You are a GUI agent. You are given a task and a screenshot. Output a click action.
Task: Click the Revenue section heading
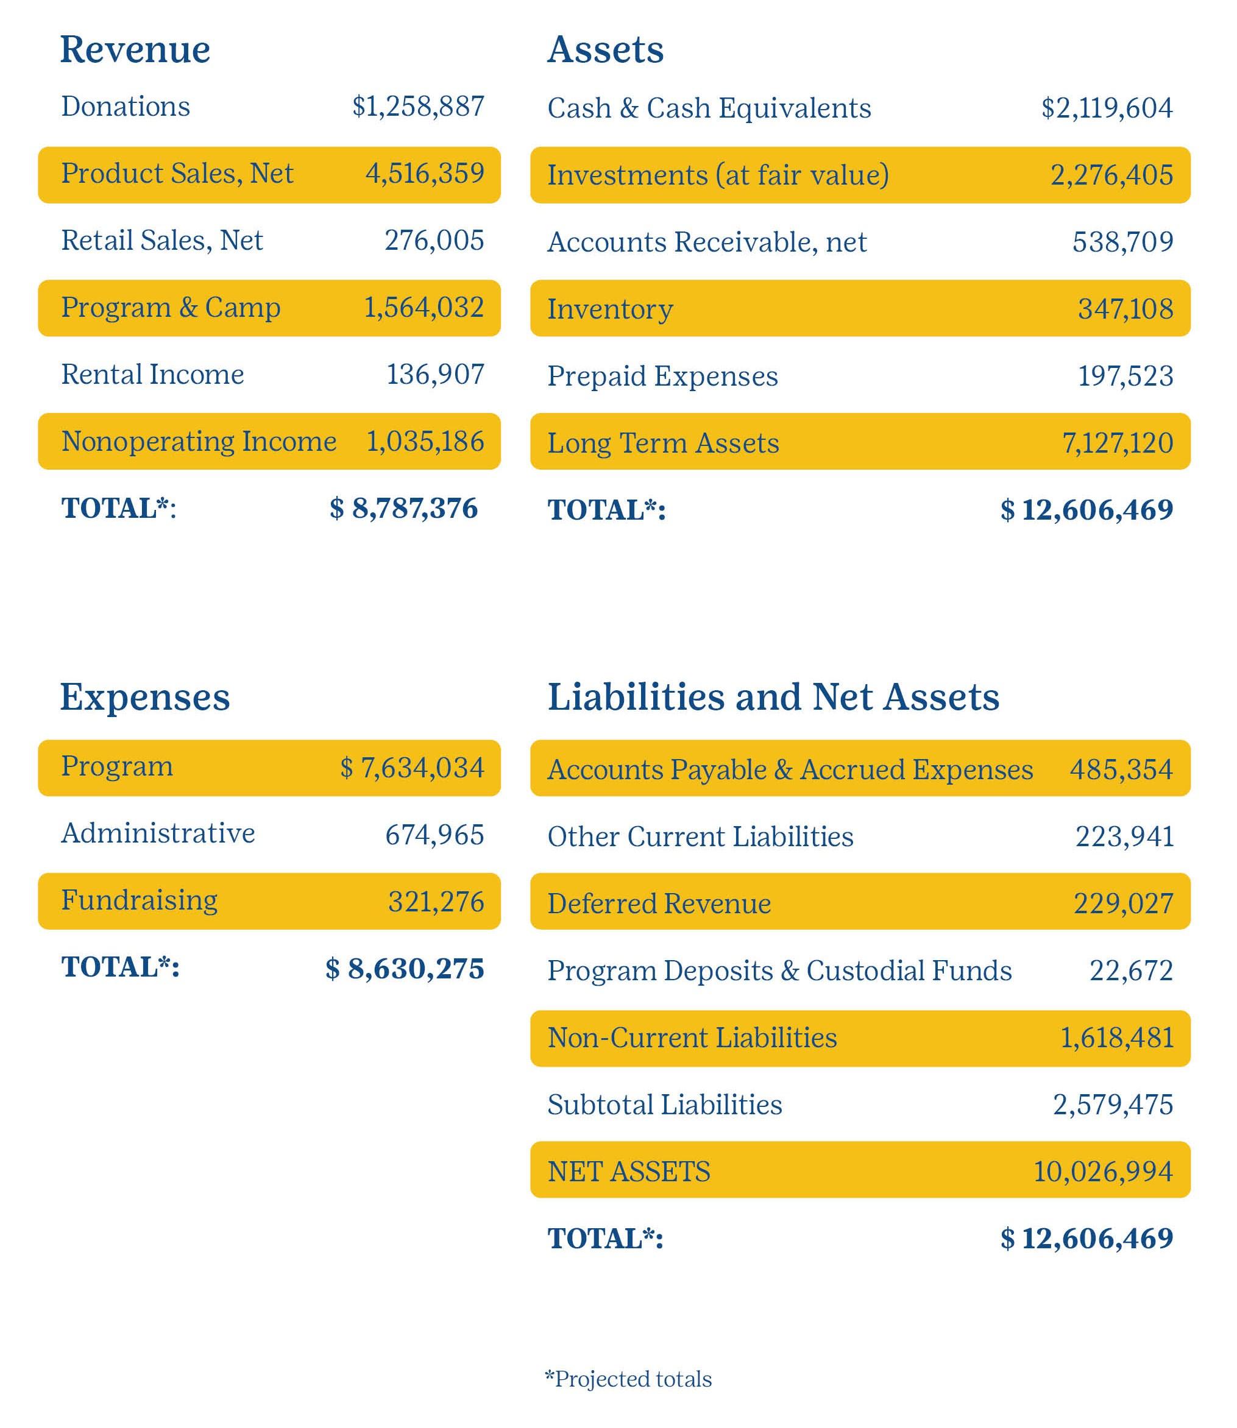click(x=135, y=50)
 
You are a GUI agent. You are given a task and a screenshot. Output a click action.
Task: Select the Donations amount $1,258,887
click(x=417, y=106)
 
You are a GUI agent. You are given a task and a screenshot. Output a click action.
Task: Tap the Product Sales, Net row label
click(x=177, y=173)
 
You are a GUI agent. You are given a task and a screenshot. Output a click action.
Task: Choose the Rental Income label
click(x=152, y=374)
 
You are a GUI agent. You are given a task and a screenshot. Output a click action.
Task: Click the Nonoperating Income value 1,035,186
click(x=425, y=441)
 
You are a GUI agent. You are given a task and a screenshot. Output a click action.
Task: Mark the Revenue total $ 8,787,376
click(x=404, y=508)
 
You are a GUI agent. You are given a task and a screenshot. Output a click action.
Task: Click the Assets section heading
click(x=604, y=50)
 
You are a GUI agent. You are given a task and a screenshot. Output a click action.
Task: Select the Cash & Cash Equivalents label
click(x=709, y=108)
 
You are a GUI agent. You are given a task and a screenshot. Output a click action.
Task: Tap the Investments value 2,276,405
click(x=1111, y=175)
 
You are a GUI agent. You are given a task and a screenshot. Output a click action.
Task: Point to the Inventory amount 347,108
click(x=1124, y=308)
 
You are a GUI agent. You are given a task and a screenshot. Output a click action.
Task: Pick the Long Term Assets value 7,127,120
click(x=1117, y=442)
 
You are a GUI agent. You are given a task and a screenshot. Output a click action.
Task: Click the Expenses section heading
click(x=144, y=697)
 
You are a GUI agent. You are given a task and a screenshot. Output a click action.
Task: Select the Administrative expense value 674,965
click(x=434, y=835)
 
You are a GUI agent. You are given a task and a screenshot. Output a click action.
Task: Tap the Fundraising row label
click(x=139, y=900)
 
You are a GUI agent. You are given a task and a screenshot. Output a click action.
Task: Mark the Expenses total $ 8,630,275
click(x=405, y=968)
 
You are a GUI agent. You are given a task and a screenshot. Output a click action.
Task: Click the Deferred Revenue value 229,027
click(x=1122, y=903)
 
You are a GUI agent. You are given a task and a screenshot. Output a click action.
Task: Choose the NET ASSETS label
click(x=628, y=1172)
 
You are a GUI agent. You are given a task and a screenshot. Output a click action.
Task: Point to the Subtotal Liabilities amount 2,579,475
click(x=1112, y=1105)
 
